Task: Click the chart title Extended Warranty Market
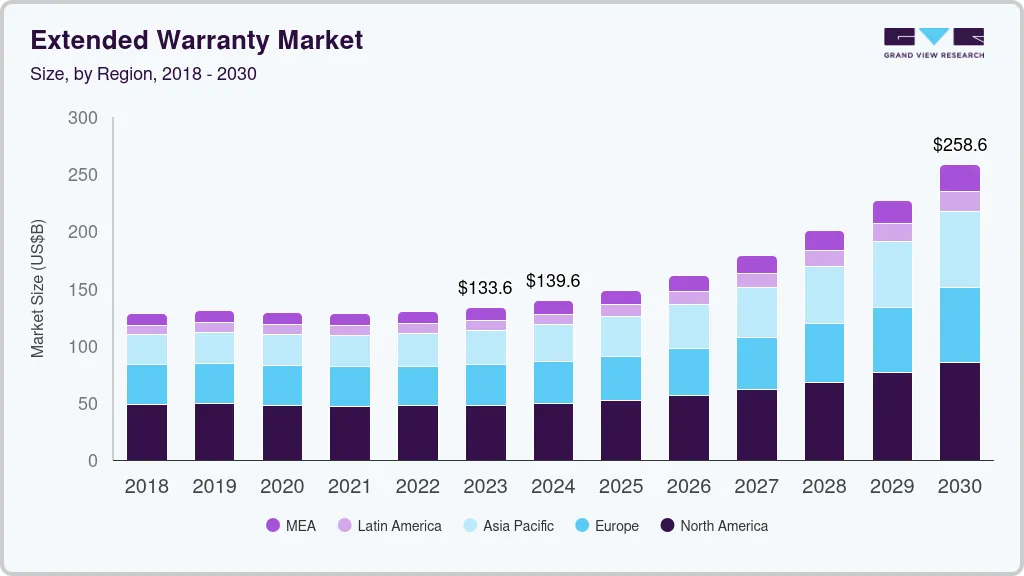tap(197, 40)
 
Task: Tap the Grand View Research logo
tap(934, 43)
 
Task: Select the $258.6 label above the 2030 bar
tap(959, 145)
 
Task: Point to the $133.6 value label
tap(485, 288)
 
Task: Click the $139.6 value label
tap(552, 281)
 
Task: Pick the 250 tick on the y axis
tap(83, 175)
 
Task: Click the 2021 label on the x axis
tap(349, 487)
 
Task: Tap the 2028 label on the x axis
tap(824, 487)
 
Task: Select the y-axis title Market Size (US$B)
tap(37, 289)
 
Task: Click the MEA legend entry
tap(291, 526)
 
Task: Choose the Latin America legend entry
tap(389, 526)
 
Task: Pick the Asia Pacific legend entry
tap(508, 526)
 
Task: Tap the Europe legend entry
tap(607, 526)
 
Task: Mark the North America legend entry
tap(714, 526)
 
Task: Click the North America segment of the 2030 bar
tap(960, 411)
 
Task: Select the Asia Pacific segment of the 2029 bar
tap(892, 274)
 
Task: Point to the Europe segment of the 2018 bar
tap(147, 385)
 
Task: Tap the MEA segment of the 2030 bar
tap(960, 178)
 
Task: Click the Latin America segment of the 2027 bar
tap(757, 280)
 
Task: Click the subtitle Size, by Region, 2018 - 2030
tap(143, 74)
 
